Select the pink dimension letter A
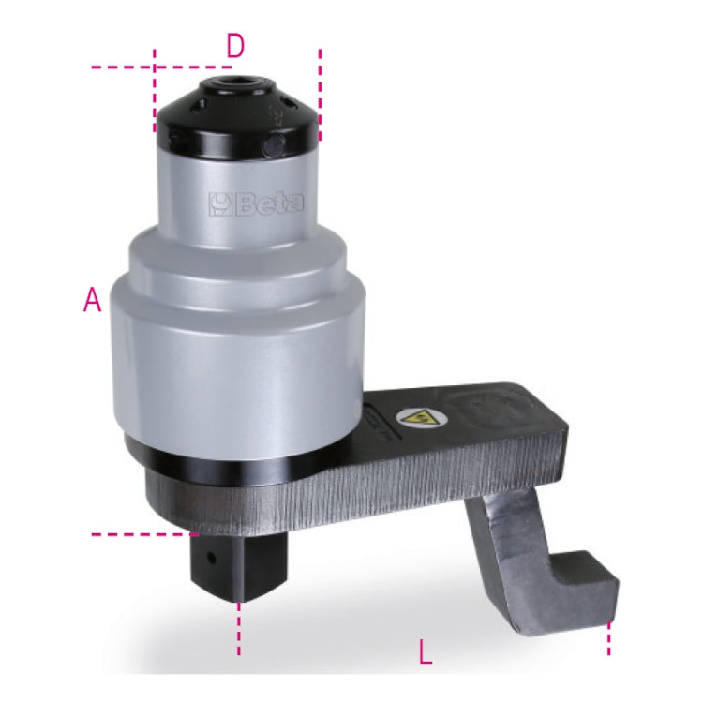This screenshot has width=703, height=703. [x=92, y=300]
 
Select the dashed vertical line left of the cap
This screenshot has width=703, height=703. [x=154, y=94]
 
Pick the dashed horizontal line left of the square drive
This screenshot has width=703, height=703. [x=141, y=535]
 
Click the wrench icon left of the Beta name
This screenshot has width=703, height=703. [x=217, y=202]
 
